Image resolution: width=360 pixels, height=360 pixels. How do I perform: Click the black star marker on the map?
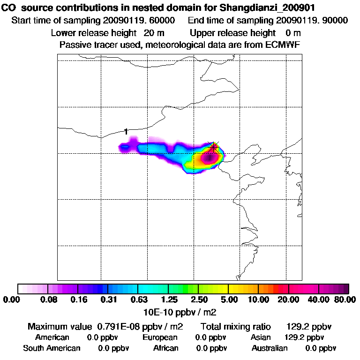coord(214,147)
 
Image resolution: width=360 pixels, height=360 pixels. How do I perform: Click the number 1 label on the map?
coord(126,132)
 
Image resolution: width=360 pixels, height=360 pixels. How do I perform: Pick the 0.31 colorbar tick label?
coord(109,300)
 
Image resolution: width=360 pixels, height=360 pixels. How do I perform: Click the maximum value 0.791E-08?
coord(122,326)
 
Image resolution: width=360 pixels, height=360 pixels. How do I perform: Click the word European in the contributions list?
coord(160,337)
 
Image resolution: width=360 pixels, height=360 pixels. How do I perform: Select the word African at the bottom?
coord(166,348)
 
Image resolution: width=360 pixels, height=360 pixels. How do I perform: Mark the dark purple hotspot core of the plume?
coord(208,159)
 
